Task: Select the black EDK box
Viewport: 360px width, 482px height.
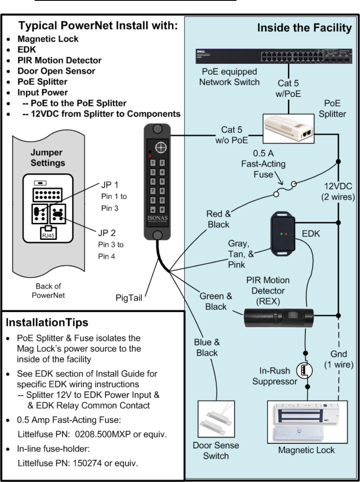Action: click(283, 234)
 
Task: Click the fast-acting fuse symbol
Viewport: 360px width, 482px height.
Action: click(287, 188)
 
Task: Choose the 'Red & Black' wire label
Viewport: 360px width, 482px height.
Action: click(218, 219)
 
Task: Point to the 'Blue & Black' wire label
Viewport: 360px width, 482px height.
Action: click(207, 348)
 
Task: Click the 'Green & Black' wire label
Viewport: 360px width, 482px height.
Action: click(216, 301)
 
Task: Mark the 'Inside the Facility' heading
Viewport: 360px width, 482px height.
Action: click(305, 28)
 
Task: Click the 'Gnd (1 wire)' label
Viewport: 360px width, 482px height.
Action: click(339, 359)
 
